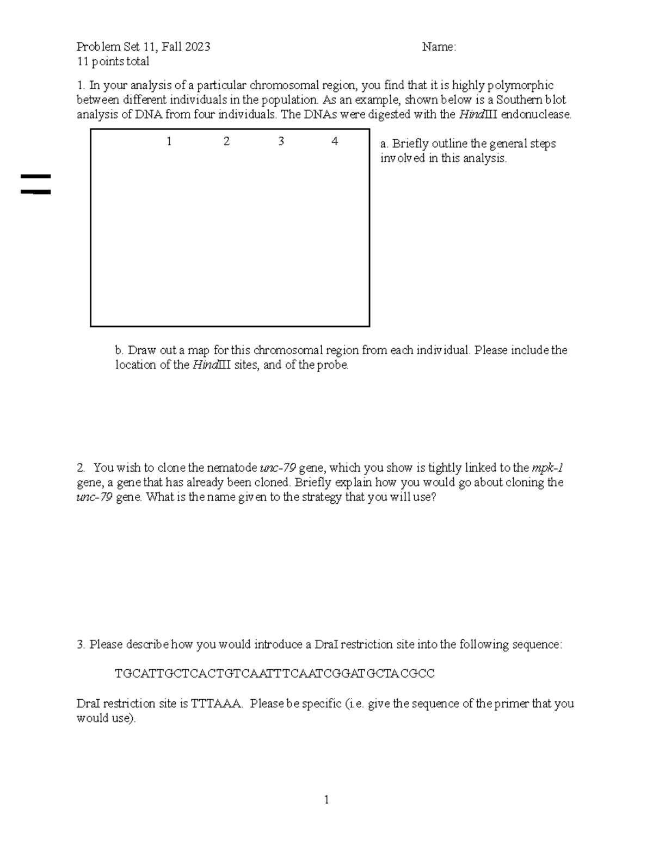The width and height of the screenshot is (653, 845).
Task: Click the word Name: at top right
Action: pos(439,47)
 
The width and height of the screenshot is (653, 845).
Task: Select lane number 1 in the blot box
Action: pos(169,142)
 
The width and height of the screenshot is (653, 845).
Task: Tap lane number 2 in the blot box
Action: pos(226,142)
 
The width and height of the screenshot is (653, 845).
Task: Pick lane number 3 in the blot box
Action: pos(281,142)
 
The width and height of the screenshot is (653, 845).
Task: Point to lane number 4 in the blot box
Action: pos(335,142)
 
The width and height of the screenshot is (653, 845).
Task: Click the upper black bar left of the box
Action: pos(36,176)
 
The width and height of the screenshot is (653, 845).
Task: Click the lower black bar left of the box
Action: pos(36,192)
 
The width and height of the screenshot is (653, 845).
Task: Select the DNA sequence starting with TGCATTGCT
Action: pos(275,674)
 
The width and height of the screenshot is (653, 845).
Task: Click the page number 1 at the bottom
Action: pos(326,799)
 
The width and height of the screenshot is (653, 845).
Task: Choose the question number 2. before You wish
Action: pos(81,468)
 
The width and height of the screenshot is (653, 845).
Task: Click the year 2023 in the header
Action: pos(197,47)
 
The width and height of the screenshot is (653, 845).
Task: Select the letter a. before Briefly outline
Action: pos(384,144)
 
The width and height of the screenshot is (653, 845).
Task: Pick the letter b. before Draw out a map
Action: pos(120,350)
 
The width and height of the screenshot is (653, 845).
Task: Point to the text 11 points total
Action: pos(113,62)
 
